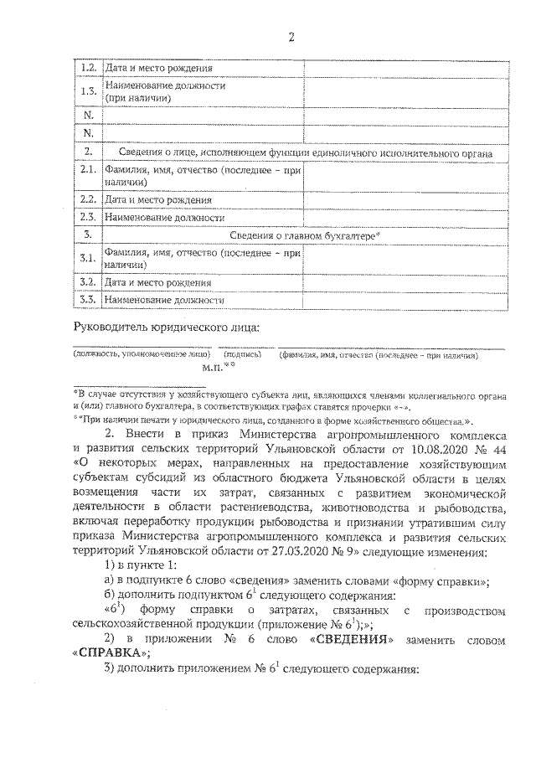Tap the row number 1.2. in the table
click(88, 68)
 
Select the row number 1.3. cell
click(88, 90)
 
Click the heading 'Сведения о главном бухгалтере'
click(305, 236)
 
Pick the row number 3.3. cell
click(88, 299)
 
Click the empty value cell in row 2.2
click(404, 200)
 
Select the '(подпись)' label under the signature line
click(242, 355)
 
